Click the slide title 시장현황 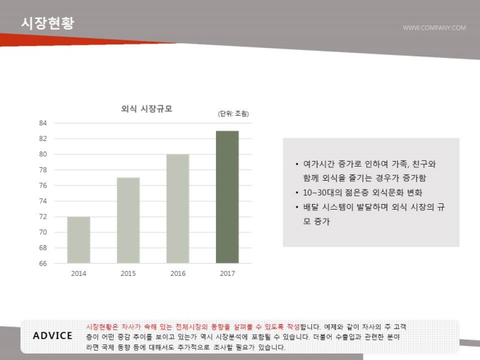point(47,23)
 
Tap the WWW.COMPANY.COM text point(433,28)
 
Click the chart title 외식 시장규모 point(147,109)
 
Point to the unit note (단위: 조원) point(234,114)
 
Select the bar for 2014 point(78,240)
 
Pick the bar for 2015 point(128,220)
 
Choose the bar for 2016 point(178,208)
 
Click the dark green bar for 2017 point(227,197)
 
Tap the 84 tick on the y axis point(43,123)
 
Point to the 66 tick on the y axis point(43,263)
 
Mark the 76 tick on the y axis point(43,186)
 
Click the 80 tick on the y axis point(43,154)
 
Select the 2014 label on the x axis point(78,273)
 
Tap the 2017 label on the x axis point(227,273)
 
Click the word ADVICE point(53,335)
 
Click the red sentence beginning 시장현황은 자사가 point(192,327)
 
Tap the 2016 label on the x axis point(178,273)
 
